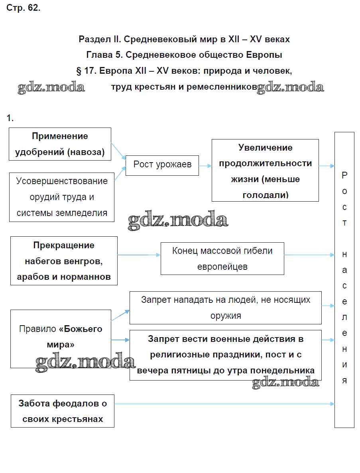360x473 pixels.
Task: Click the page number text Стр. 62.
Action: pyautogui.click(x=24, y=8)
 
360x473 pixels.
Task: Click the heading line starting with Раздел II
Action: pyautogui.click(x=184, y=39)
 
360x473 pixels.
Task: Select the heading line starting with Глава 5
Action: pyautogui.click(x=184, y=55)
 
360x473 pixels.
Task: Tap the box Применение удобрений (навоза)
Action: pyautogui.click(x=60, y=144)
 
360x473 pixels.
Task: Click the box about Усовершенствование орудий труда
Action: pyautogui.click(x=62, y=197)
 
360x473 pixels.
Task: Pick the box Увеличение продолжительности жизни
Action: pyautogui.click(x=265, y=170)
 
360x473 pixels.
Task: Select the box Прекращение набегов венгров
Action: pyautogui.click(x=64, y=261)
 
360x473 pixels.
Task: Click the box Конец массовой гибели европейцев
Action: pyautogui.click(x=222, y=259)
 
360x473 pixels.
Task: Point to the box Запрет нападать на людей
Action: pyautogui.click(x=225, y=307)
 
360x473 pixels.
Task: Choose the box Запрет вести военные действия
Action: pyautogui.click(x=225, y=355)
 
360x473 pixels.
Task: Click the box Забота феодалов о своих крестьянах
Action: pyautogui.click(x=63, y=411)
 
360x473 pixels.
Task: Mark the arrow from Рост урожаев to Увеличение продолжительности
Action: pyautogui.click(x=205, y=166)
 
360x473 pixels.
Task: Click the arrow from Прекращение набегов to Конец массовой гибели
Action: pyautogui.click(x=139, y=255)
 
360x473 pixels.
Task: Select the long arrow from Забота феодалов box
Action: pyautogui.click(x=224, y=404)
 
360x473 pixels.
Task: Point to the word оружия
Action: pyautogui.click(x=225, y=316)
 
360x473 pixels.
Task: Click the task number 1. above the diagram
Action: pyautogui.click(x=10, y=118)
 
